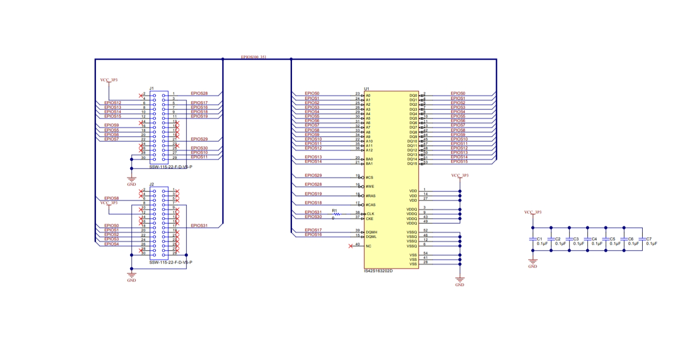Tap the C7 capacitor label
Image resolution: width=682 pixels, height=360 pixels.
point(649,239)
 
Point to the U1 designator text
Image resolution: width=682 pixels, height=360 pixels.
point(367,89)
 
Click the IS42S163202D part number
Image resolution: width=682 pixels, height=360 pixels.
point(379,271)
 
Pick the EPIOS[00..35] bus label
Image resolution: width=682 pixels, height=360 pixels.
point(253,57)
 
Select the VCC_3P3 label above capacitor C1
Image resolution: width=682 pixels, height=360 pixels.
point(533,212)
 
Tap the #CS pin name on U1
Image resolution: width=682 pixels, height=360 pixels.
point(370,178)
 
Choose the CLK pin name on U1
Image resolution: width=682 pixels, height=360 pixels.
point(370,214)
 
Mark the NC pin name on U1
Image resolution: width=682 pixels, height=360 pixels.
point(369,246)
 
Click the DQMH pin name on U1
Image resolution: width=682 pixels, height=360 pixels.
point(372,232)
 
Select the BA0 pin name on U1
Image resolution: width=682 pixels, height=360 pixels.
point(369,159)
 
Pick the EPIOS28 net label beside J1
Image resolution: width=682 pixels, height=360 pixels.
point(199,93)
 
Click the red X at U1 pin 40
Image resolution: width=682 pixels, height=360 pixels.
point(351,246)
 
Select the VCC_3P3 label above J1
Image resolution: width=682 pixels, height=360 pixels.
point(109,80)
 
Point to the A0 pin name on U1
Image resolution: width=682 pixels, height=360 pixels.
point(368,95)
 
